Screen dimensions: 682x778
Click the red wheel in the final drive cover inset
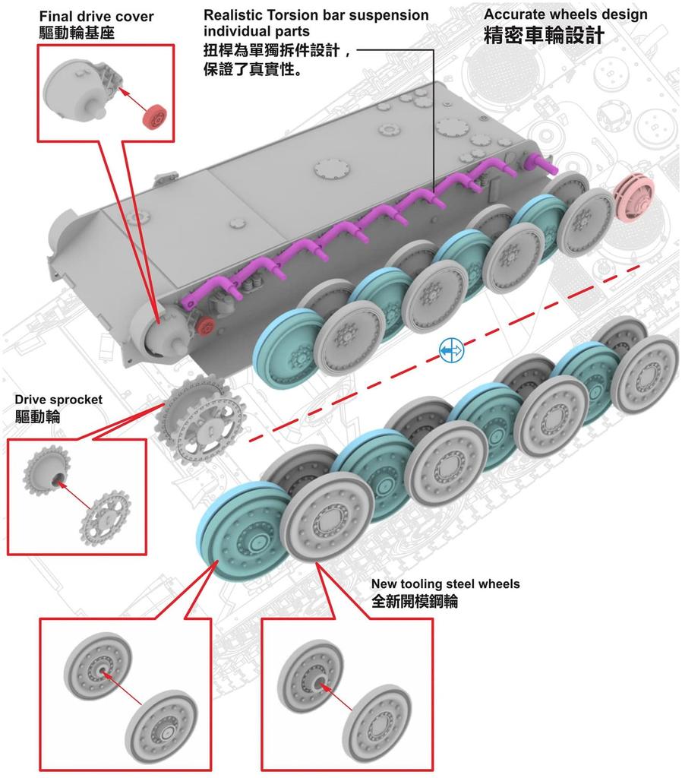coord(155,117)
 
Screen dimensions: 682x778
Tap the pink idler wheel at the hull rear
coord(634,200)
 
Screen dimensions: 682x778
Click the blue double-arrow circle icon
coord(451,351)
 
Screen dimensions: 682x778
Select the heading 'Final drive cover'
coord(96,17)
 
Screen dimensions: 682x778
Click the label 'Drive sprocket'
coord(58,400)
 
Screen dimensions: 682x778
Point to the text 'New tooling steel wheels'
coord(445,584)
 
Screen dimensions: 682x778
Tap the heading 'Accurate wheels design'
coord(566,14)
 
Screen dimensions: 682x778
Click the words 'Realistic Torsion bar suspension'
coord(316,15)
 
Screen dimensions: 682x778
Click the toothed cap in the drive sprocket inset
coord(48,470)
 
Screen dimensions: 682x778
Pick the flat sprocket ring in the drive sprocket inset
coord(105,518)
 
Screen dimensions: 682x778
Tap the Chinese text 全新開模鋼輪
coord(415,602)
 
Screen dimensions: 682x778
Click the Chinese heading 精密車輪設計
coord(544,36)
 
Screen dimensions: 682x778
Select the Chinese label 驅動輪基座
coord(77,33)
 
